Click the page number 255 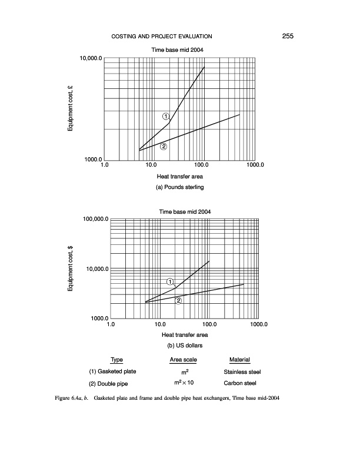click(x=287, y=37)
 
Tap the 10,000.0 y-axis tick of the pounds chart click(x=91, y=59)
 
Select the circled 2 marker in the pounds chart click(x=164, y=147)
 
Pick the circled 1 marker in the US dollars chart click(x=171, y=282)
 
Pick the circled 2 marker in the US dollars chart click(x=179, y=301)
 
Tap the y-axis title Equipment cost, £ click(x=70, y=109)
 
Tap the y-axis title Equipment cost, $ click(x=70, y=269)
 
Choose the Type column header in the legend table click(x=116, y=360)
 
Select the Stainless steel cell click(x=242, y=372)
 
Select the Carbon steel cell click(x=242, y=383)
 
